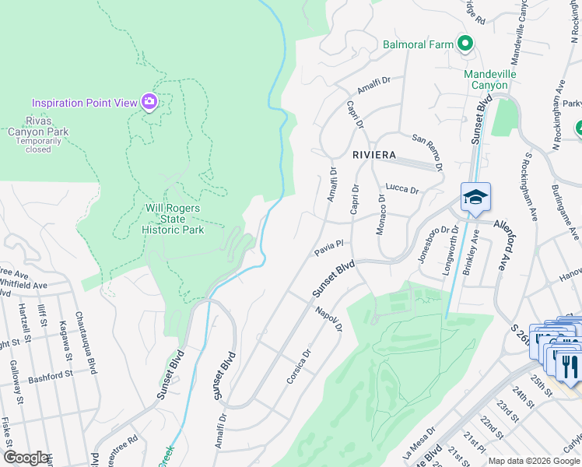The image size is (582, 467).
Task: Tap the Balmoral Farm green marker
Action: click(465, 44)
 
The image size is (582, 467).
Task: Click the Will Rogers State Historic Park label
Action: click(174, 219)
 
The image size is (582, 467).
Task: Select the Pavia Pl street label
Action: click(329, 248)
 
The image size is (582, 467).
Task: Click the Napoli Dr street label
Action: click(330, 318)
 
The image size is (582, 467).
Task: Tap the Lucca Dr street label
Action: click(402, 189)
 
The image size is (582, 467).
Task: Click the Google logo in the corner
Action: click(26, 458)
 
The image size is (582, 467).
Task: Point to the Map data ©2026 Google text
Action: click(534, 461)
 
